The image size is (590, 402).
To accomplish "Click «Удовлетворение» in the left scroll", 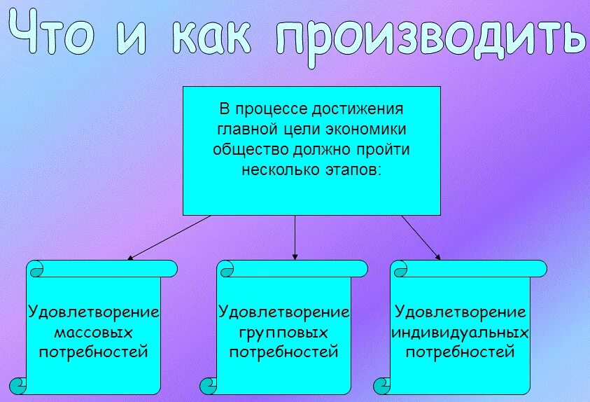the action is [x=93, y=311].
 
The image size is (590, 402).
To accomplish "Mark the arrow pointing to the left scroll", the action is [x=168, y=237].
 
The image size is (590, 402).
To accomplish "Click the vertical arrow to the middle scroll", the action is [x=295, y=238].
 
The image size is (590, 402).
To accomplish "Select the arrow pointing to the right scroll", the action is [x=421, y=237].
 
